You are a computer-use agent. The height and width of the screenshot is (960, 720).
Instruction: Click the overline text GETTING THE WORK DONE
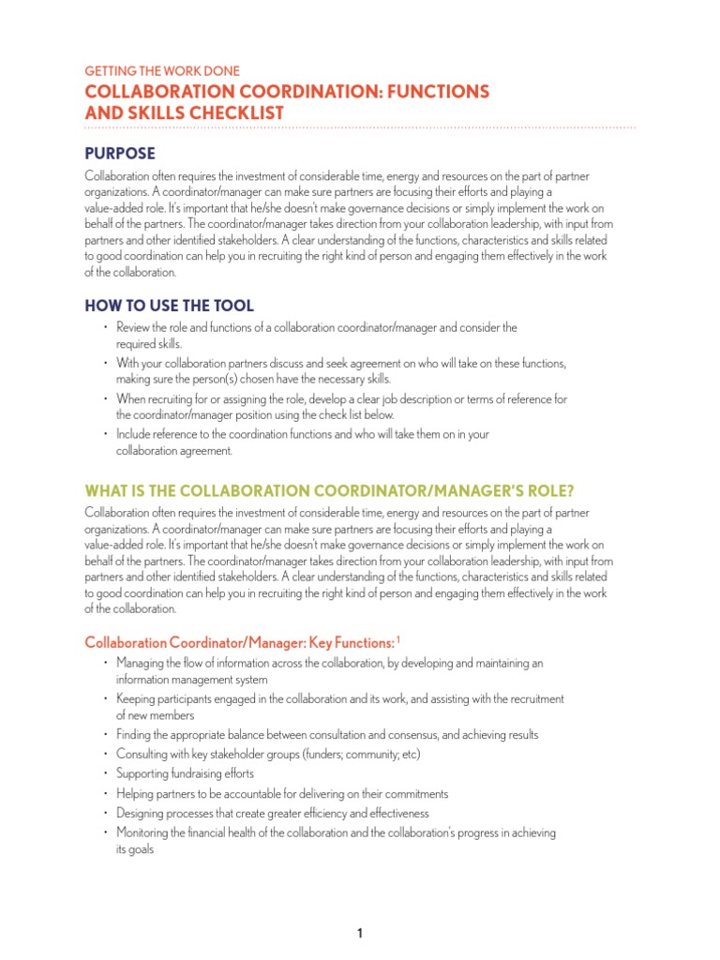[162, 70]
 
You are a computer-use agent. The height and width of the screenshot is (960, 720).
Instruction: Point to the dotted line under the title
[360, 127]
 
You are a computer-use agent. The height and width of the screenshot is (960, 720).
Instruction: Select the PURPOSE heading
[120, 153]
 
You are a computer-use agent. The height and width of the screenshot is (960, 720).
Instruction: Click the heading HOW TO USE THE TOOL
[169, 306]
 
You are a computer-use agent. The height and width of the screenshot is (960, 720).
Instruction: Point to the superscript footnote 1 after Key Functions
[398, 639]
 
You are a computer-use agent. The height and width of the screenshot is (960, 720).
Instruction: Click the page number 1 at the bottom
[359, 907]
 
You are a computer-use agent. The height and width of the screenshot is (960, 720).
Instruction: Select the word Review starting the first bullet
[133, 327]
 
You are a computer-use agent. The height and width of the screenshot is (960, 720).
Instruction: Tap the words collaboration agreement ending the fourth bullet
[173, 450]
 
